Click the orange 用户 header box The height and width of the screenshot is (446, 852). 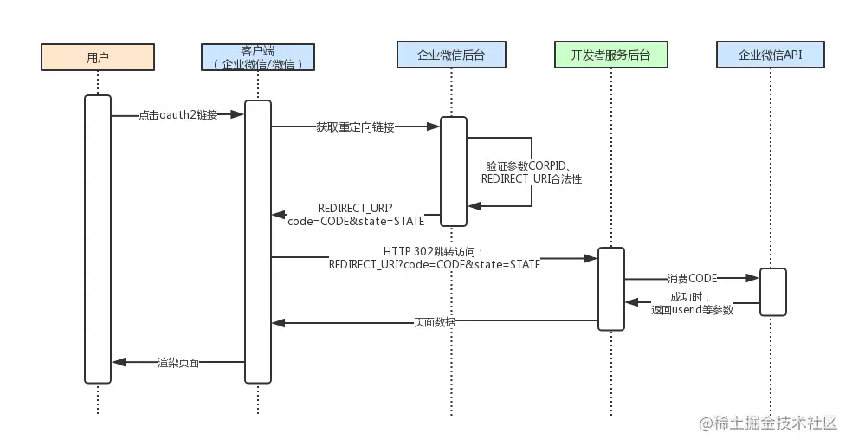pos(98,57)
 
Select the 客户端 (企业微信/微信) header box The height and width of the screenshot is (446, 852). pos(258,57)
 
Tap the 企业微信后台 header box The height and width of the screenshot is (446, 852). pos(451,55)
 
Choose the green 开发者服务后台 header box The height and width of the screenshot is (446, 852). pos(611,55)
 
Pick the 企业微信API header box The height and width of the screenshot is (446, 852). pos(771,55)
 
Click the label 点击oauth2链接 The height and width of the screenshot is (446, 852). pos(178,114)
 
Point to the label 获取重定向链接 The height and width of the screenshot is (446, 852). pos(355,127)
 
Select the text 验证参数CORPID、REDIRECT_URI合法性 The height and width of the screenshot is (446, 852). pos(532,172)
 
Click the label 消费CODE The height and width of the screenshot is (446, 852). pos(693,278)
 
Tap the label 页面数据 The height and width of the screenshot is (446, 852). pos(435,322)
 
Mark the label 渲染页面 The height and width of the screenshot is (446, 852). pos(178,362)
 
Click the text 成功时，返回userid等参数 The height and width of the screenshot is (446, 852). pos(693,303)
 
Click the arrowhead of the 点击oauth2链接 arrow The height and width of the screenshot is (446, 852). pos(237,114)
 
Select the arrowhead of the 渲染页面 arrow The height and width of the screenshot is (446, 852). pos(119,362)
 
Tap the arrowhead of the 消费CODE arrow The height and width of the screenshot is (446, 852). pos(752,278)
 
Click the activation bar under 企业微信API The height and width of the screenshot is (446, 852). pos(772,292)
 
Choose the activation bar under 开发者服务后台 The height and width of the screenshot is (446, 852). pos(611,289)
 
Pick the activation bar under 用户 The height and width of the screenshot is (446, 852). pos(98,239)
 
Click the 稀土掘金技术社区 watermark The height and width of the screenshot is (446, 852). pos(768,423)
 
